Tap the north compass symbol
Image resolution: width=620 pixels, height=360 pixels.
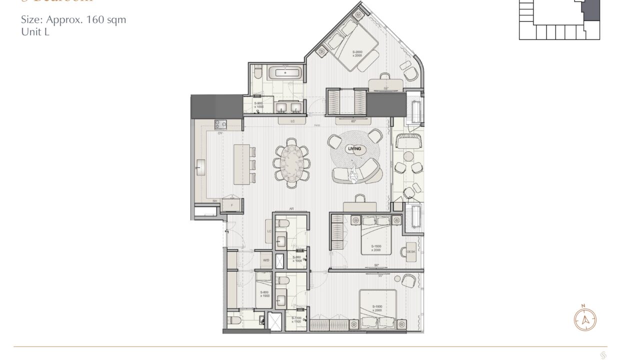tap(584, 318)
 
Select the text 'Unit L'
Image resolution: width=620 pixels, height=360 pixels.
tap(34, 32)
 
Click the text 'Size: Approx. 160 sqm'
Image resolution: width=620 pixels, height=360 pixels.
tap(73, 20)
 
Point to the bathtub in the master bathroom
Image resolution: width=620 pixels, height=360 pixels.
tap(285, 73)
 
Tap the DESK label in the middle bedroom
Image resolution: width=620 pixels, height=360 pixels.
tap(411, 251)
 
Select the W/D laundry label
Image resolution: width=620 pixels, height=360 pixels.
tap(266, 260)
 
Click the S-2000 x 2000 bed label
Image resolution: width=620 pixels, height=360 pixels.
tap(357, 53)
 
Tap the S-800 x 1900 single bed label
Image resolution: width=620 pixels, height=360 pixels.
tap(264, 294)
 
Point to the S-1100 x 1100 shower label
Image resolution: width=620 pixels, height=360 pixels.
tap(296, 319)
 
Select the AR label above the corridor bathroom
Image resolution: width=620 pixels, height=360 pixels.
tap(290, 209)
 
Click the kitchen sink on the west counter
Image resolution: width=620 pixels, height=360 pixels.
tap(201, 164)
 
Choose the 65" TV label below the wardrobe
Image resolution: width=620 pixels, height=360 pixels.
tap(353, 121)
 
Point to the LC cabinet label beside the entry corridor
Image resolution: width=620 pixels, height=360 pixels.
tap(269, 231)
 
